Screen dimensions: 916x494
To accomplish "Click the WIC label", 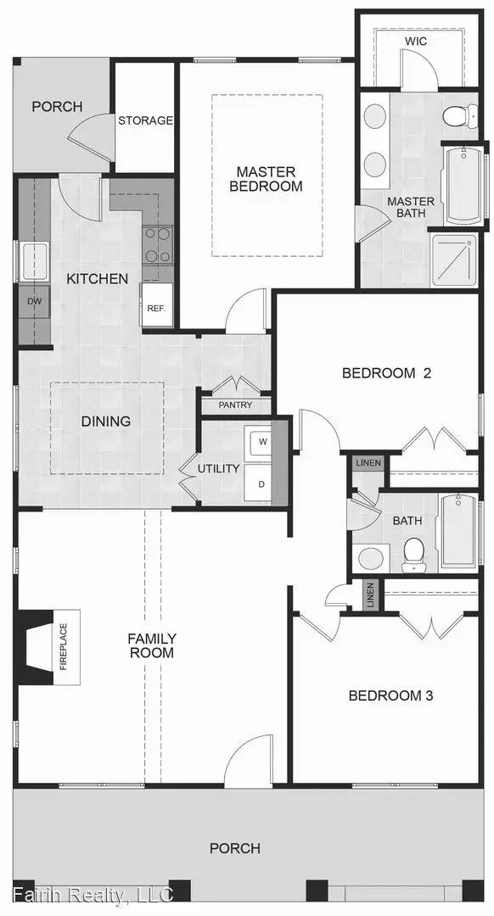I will click(x=416, y=40).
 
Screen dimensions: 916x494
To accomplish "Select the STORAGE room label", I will click(x=145, y=120).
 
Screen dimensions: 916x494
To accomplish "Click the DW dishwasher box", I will click(x=34, y=300).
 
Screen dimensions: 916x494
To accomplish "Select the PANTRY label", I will click(x=235, y=405).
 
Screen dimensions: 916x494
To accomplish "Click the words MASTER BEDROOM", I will click(x=266, y=179).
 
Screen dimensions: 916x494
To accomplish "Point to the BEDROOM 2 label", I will click(x=379, y=372).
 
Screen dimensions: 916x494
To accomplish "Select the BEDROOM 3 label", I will click(x=391, y=695).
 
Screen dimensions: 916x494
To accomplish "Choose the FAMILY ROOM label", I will click(x=151, y=645).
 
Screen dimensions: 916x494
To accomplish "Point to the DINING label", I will click(x=105, y=421).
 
